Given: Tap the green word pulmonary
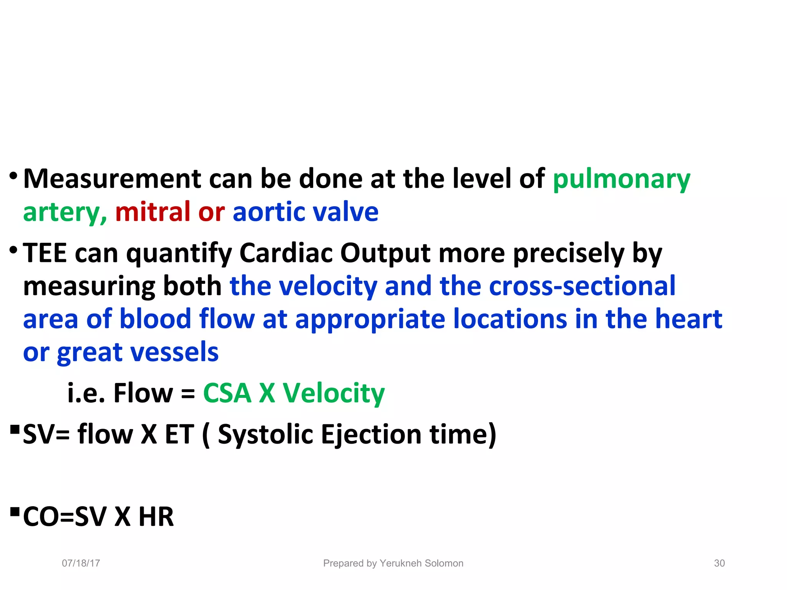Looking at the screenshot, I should (x=621, y=180).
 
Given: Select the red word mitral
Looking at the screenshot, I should (x=153, y=212).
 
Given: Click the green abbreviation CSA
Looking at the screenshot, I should (x=227, y=393).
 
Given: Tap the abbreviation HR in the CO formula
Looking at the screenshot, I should (x=156, y=517).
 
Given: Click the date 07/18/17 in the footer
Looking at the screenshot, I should (x=81, y=563).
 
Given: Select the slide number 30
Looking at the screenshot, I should (x=719, y=563).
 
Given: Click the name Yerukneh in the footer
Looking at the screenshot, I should (x=401, y=563).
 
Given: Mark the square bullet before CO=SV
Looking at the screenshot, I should (x=15, y=512).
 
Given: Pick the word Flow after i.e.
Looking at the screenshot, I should (x=143, y=393).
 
